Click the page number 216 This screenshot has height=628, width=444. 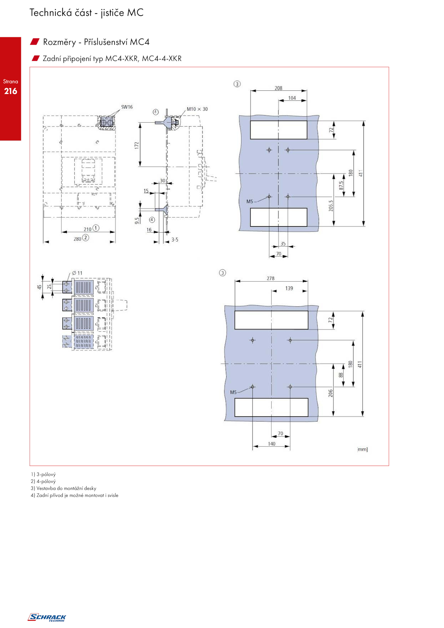(11, 91)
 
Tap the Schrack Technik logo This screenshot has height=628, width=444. (47, 617)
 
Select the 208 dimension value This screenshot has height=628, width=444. (278, 88)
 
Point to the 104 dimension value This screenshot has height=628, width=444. (292, 98)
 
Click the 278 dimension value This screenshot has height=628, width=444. (271, 278)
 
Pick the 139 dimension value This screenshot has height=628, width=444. (289, 288)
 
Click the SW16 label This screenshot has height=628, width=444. (127, 107)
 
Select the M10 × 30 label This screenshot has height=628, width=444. (197, 109)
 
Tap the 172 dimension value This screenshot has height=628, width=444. (137, 145)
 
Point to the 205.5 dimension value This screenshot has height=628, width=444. (331, 206)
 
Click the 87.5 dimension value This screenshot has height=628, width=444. (341, 185)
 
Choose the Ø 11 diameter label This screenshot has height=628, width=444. (77, 273)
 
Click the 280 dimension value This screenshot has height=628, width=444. (77, 239)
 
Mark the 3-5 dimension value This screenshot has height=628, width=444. (175, 239)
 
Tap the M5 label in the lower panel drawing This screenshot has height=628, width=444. (233, 392)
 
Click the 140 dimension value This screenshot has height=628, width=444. (272, 444)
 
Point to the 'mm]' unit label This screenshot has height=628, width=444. (362, 449)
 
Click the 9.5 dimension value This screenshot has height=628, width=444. (137, 221)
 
